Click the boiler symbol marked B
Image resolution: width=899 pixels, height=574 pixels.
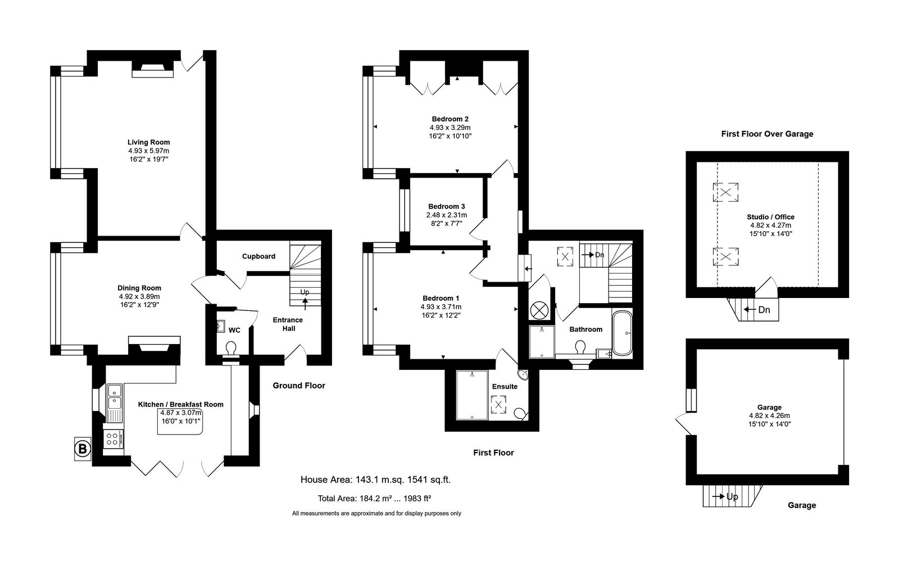coord(83,449)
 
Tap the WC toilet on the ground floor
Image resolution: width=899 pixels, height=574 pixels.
coord(231,348)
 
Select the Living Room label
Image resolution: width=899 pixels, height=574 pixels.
coord(148,142)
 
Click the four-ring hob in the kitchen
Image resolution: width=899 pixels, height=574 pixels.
coord(113,439)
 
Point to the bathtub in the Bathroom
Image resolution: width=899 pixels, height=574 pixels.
coord(622,333)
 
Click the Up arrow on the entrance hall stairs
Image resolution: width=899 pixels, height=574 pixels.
coord(305,303)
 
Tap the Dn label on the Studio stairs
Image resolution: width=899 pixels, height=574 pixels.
coord(764,310)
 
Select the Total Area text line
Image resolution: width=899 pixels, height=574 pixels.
coord(374,499)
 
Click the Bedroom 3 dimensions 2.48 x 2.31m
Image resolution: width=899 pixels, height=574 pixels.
coord(447,215)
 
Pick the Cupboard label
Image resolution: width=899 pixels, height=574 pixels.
coord(258,256)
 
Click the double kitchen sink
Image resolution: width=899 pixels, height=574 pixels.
coord(115,395)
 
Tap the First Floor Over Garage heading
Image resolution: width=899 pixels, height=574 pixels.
coord(767,134)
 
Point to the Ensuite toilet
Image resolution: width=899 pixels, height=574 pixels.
coord(520,413)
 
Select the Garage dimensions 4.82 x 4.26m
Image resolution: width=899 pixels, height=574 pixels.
coord(769,415)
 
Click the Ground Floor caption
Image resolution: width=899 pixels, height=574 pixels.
coord(299,386)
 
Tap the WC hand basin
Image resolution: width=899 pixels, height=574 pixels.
coord(220,326)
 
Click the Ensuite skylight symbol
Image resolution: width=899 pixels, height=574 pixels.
coord(498,404)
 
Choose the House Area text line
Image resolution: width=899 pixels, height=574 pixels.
coord(376,480)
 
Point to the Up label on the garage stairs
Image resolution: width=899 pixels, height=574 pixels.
coord(732,497)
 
